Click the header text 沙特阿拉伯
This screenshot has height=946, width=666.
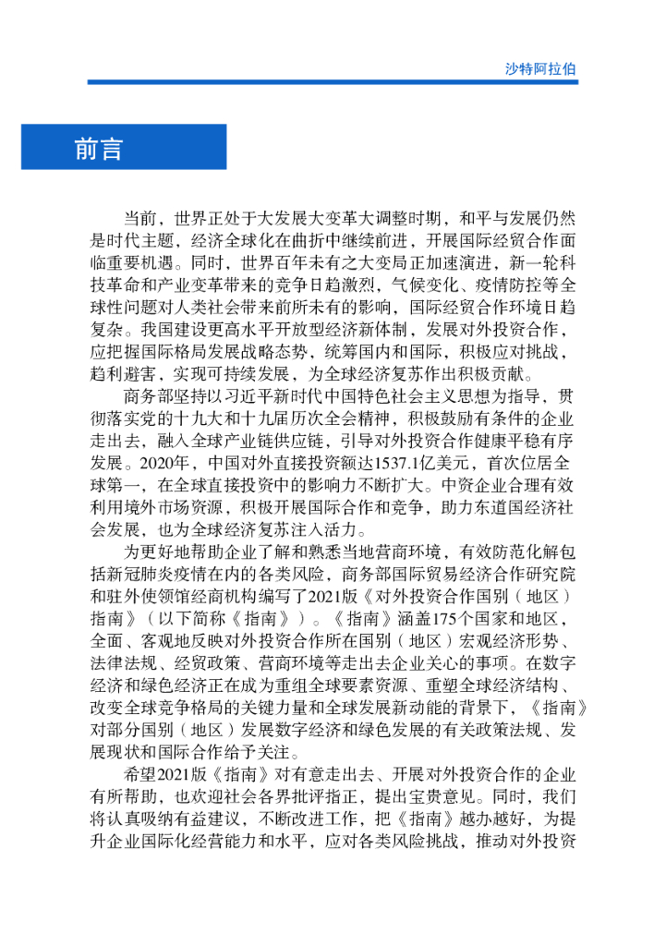point(540,68)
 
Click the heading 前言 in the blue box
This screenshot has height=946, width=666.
point(98,149)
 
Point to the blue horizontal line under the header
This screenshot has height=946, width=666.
point(333,82)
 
